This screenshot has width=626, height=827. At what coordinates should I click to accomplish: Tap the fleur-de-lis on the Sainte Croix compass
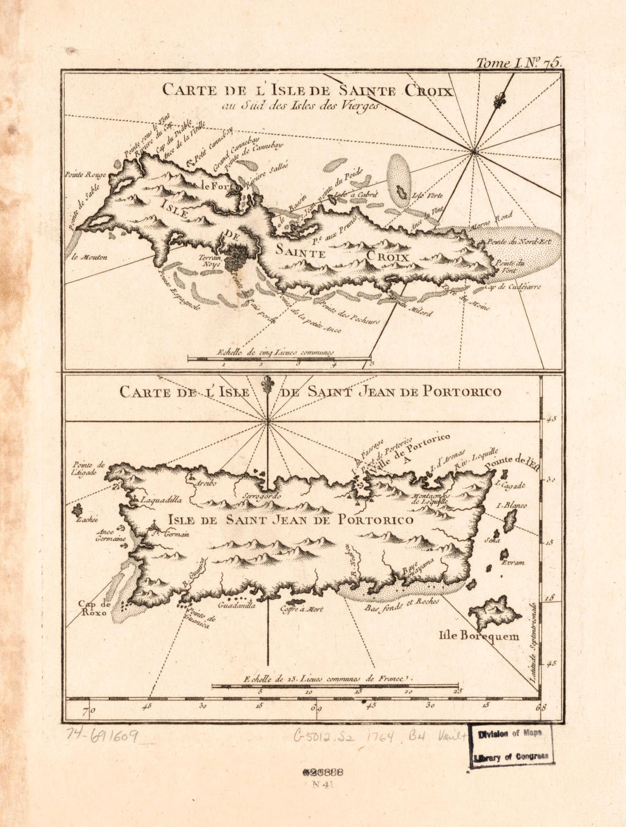[x=500, y=101]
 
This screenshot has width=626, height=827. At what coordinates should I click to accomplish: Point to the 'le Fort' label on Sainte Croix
[x=213, y=185]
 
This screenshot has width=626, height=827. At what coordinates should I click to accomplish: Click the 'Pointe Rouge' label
[x=85, y=174]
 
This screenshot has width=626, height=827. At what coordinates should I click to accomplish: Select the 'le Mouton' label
[x=90, y=257]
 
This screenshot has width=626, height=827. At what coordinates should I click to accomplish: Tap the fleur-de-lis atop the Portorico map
[x=267, y=386]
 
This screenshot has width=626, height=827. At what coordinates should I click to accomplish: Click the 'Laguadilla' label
[x=161, y=500]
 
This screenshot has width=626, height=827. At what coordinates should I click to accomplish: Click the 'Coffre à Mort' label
[x=301, y=609]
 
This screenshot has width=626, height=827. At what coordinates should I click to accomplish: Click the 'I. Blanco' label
[x=512, y=505]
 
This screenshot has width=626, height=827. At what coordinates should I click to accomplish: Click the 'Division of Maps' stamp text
[x=510, y=734]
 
